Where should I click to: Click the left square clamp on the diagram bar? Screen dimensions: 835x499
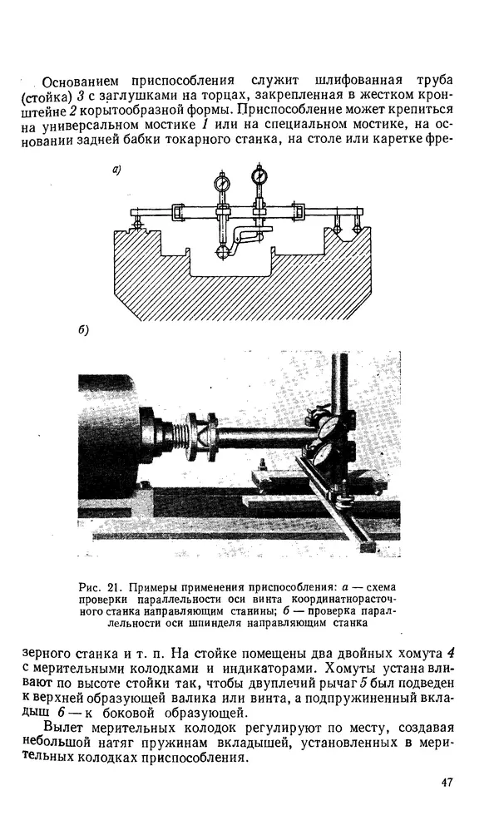tap(178, 213)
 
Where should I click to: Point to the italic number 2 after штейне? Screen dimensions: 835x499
tap(97, 113)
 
